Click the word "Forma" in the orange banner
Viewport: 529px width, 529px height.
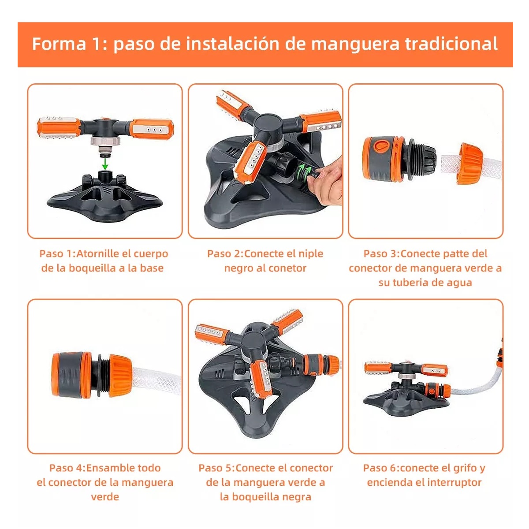click(x=59, y=44)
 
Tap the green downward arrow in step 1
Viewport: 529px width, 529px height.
click(x=105, y=164)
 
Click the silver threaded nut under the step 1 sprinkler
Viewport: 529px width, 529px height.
click(x=105, y=142)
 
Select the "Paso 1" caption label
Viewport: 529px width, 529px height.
click(x=57, y=254)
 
